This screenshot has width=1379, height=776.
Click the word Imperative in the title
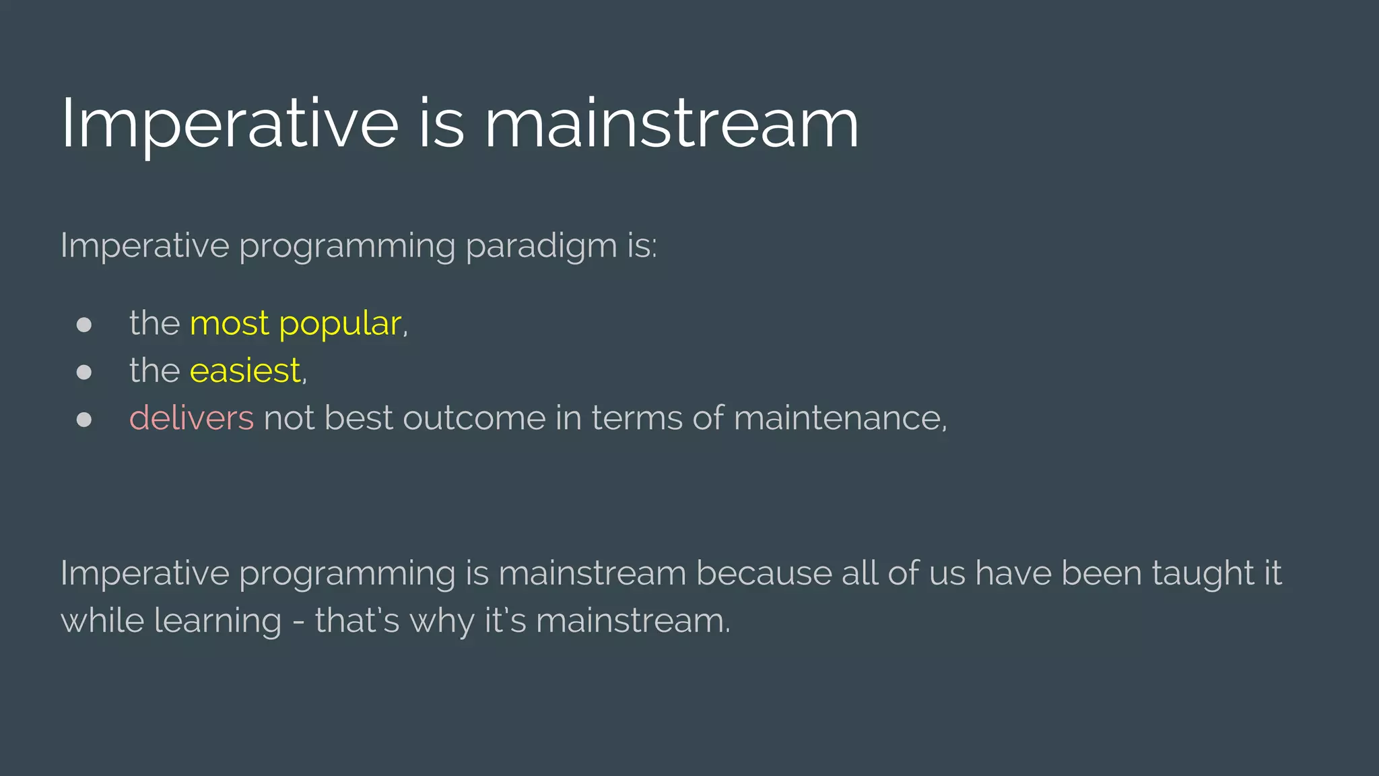[x=229, y=125]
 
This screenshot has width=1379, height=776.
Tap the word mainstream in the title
[x=671, y=125]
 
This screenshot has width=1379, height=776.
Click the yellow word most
[x=229, y=324]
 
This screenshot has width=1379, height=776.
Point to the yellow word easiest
[x=245, y=371]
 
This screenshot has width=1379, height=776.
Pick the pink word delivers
[x=191, y=418]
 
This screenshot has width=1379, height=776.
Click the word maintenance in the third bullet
[x=838, y=418]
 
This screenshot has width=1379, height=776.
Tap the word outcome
[x=474, y=418]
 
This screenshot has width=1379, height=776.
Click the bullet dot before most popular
[x=84, y=325]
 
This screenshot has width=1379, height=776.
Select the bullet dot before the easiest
[x=84, y=373]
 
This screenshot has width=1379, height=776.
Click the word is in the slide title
[x=441, y=125]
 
